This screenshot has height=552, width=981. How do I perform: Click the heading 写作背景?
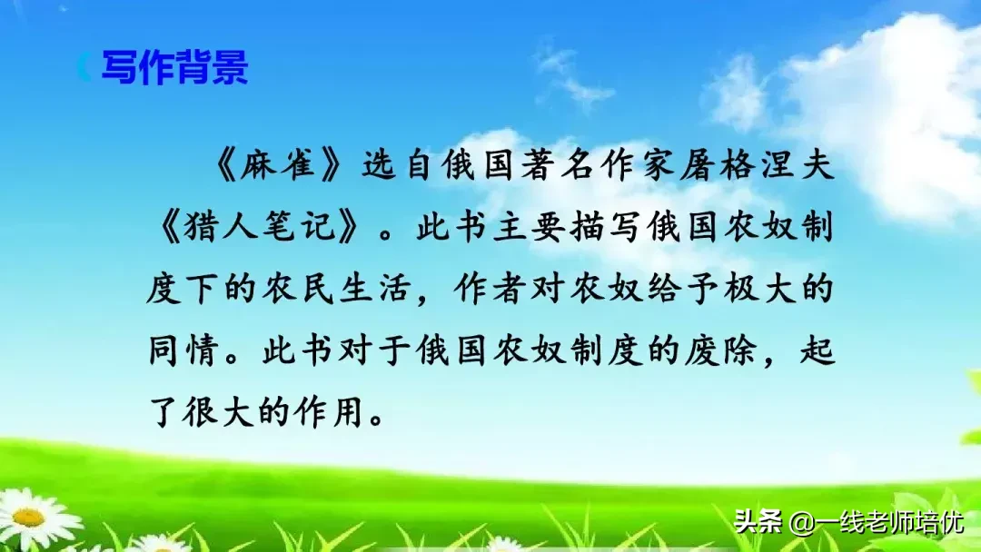click(173, 68)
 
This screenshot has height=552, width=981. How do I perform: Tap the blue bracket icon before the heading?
click(84, 68)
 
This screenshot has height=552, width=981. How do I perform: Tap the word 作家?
click(640, 169)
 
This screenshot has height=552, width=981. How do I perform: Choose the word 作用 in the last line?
click(342, 412)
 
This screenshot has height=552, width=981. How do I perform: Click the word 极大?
click(774, 291)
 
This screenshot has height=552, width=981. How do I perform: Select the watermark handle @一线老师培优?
click(877, 523)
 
